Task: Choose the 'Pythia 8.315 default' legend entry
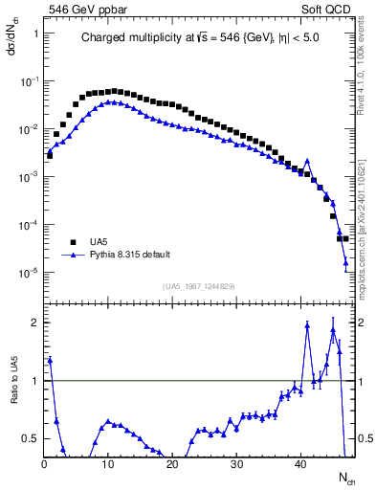tap(130, 256)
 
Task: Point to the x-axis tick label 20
tap(173, 464)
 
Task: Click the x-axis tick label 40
tap(301, 464)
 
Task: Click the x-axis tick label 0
tap(44, 464)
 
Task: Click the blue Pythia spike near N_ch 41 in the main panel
tap(307, 161)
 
